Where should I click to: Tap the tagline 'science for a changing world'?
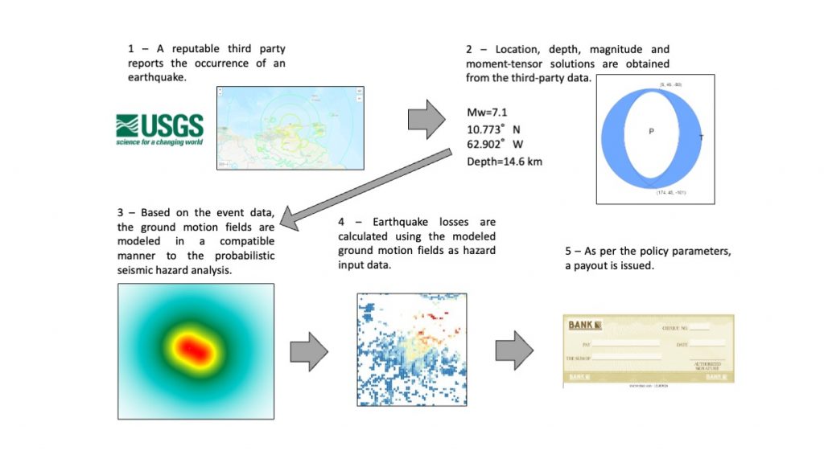[x=160, y=142]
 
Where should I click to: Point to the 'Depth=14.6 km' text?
[x=505, y=162]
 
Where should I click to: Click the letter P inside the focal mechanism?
[x=651, y=132]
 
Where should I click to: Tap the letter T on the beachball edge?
[x=701, y=137]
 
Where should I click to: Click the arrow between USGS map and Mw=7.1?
[x=426, y=120]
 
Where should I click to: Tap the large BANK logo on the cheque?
[x=585, y=326]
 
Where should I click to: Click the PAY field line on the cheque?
[x=620, y=343]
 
